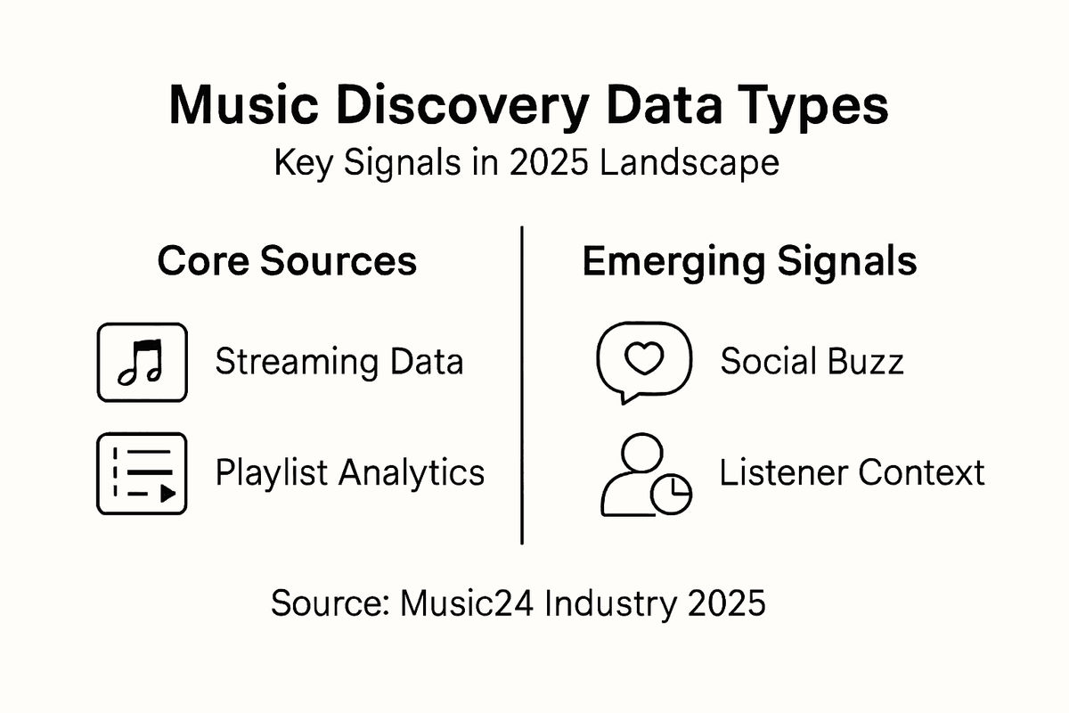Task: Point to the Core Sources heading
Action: click(x=287, y=261)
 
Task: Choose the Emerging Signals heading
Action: click(x=749, y=261)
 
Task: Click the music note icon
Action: click(x=142, y=363)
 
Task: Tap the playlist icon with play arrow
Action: click(x=142, y=473)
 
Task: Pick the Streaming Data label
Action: click(x=339, y=363)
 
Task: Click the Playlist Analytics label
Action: click(x=350, y=472)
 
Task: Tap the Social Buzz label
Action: click(x=812, y=361)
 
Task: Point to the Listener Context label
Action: click(x=852, y=472)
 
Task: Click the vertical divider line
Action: click(x=521, y=383)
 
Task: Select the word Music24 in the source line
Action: click(x=466, y=603)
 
